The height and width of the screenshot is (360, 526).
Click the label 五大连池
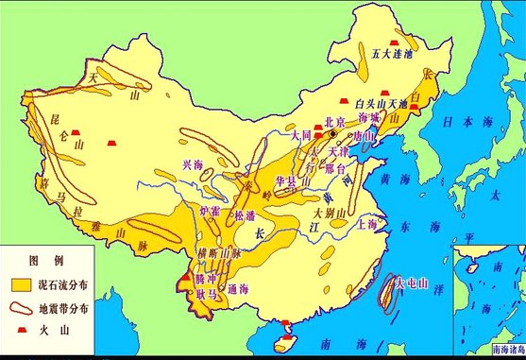(393, 54)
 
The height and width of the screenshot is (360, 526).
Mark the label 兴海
(192, 165)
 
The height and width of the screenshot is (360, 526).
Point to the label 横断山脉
(218, 254)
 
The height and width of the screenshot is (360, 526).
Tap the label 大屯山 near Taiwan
(411, 282)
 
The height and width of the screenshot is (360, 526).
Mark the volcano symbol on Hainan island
(287, 327)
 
